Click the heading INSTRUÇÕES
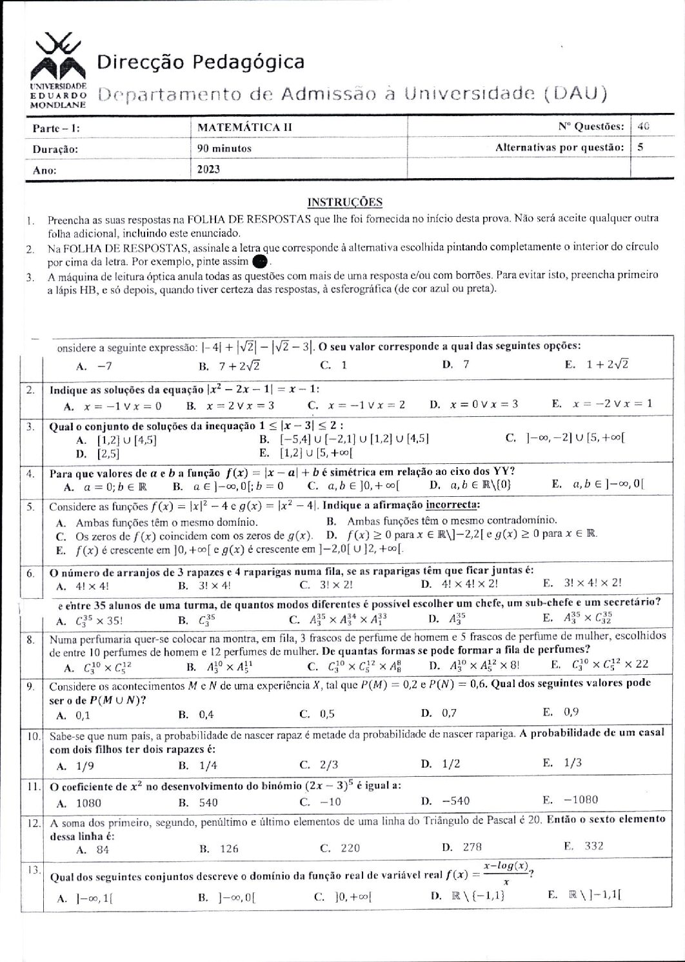coord(344,202)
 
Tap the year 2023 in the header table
coord(209,169)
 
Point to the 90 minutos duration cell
coord(224,148)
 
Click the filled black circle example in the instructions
coord(259,261)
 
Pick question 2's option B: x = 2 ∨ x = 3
coord(231,405)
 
